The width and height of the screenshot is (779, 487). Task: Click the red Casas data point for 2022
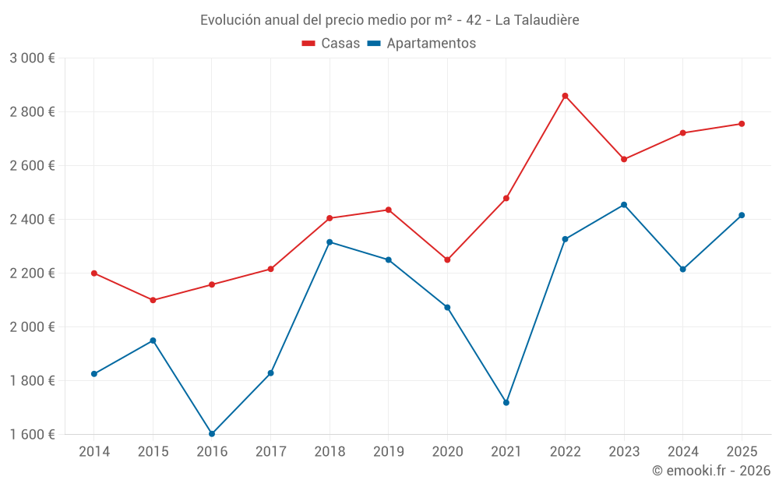tap(565, 96)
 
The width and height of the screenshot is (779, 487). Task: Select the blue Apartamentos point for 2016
tap(212, 433)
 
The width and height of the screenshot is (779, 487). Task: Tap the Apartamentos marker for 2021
tap(506, 403)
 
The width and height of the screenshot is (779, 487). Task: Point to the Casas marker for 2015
tap(153, 300)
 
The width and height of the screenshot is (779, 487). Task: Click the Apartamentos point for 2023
tap(624, 205)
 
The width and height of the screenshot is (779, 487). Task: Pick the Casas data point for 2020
tap(447, 259)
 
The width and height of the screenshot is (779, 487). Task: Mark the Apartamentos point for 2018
tap(330, 242)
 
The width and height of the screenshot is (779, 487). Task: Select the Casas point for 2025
tap(742, 124)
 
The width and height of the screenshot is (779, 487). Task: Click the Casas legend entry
tap(331, 44)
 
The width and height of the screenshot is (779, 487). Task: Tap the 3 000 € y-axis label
tap(32, 58)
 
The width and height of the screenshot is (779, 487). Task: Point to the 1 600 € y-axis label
tap(32, 434)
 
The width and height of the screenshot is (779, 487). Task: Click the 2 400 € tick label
tap(32, 220)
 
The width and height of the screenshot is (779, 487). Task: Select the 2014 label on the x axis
tap(94, 451)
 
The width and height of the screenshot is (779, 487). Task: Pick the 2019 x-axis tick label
tap(388, 451)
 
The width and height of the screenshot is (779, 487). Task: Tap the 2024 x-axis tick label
tap(682, 451)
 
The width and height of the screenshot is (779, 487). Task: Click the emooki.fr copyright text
tap(710, 471)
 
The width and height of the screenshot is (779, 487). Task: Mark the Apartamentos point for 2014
tap(94, 374)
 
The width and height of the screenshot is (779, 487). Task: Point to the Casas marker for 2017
tap(270, 269)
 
